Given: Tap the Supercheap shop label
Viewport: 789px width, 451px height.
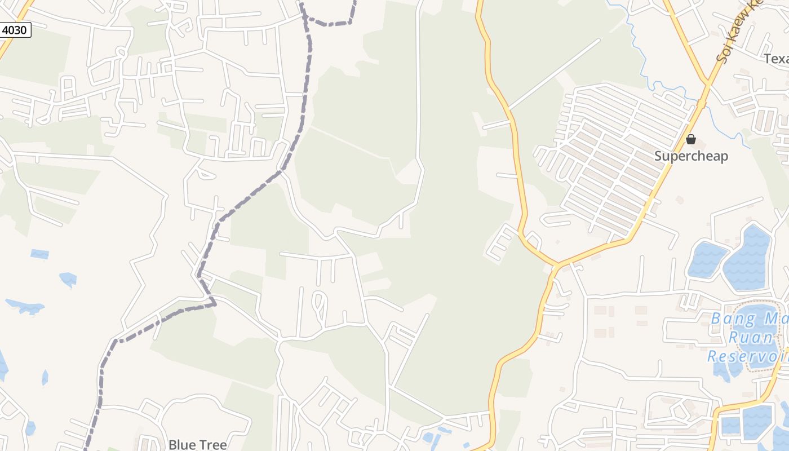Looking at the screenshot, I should pyautogui.click(x=691, y=156).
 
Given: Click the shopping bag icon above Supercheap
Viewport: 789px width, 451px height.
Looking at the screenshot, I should pyautogui.click(x=691, y=139).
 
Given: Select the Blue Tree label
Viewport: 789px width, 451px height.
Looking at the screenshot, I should pyautogui.click(x=198, y=444).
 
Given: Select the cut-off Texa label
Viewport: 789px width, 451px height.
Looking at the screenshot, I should pyautogui.click(x=776, y=59).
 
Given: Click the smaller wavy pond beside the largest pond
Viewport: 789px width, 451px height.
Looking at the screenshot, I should pyautogui.click(x=706, y=259).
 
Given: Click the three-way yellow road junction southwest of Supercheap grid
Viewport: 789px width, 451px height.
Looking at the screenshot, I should pyautogui.click(x=556, y=264).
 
